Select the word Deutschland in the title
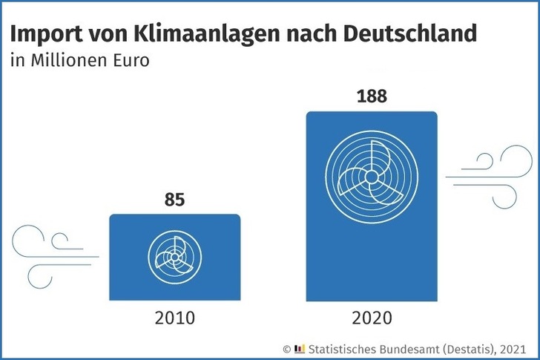coord(412,35)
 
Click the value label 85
coord(174,200)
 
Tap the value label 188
coord(372,97)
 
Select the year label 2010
coord(174,319)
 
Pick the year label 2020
coord(372,319)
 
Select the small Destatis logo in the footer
coord(300,347)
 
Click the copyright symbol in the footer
coord(287,347)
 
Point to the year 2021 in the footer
coord(512,347)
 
